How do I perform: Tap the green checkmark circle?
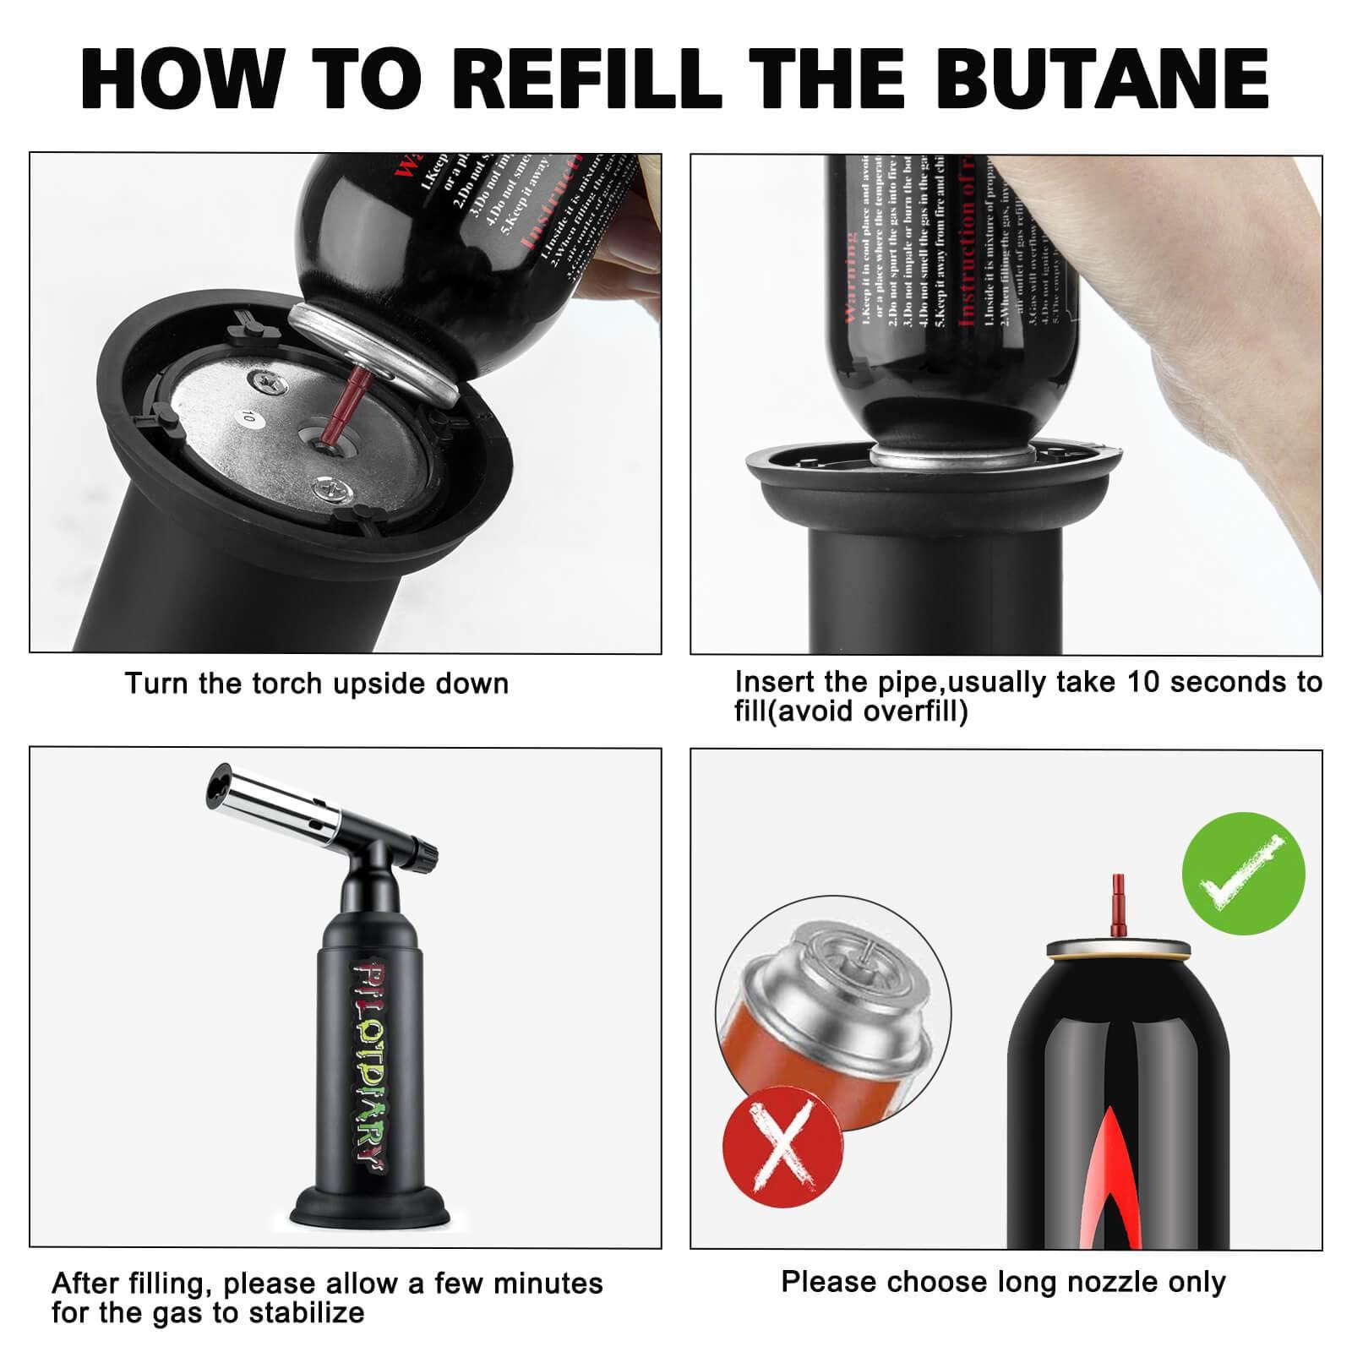click(1243, 874)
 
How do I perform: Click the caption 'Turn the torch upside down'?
click(317, 683)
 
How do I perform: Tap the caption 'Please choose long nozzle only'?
click(1002, 1281)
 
